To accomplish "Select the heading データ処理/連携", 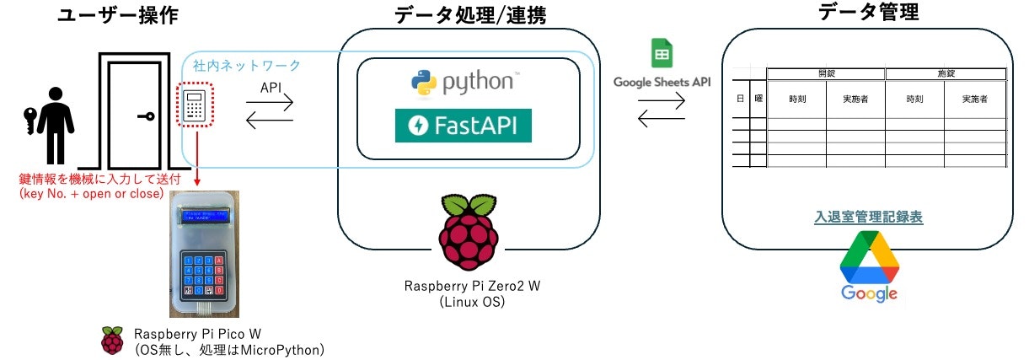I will coord(469,15).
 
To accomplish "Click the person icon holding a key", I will coord(51,126).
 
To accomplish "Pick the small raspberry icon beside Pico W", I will coord(111,340).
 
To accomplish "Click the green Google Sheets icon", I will coord(661,54).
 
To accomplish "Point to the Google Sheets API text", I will coord(662,83).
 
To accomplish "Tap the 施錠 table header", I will coord(946,73).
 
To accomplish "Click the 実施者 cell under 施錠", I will coord(974,99).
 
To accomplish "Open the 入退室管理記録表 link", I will coord(868,217).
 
